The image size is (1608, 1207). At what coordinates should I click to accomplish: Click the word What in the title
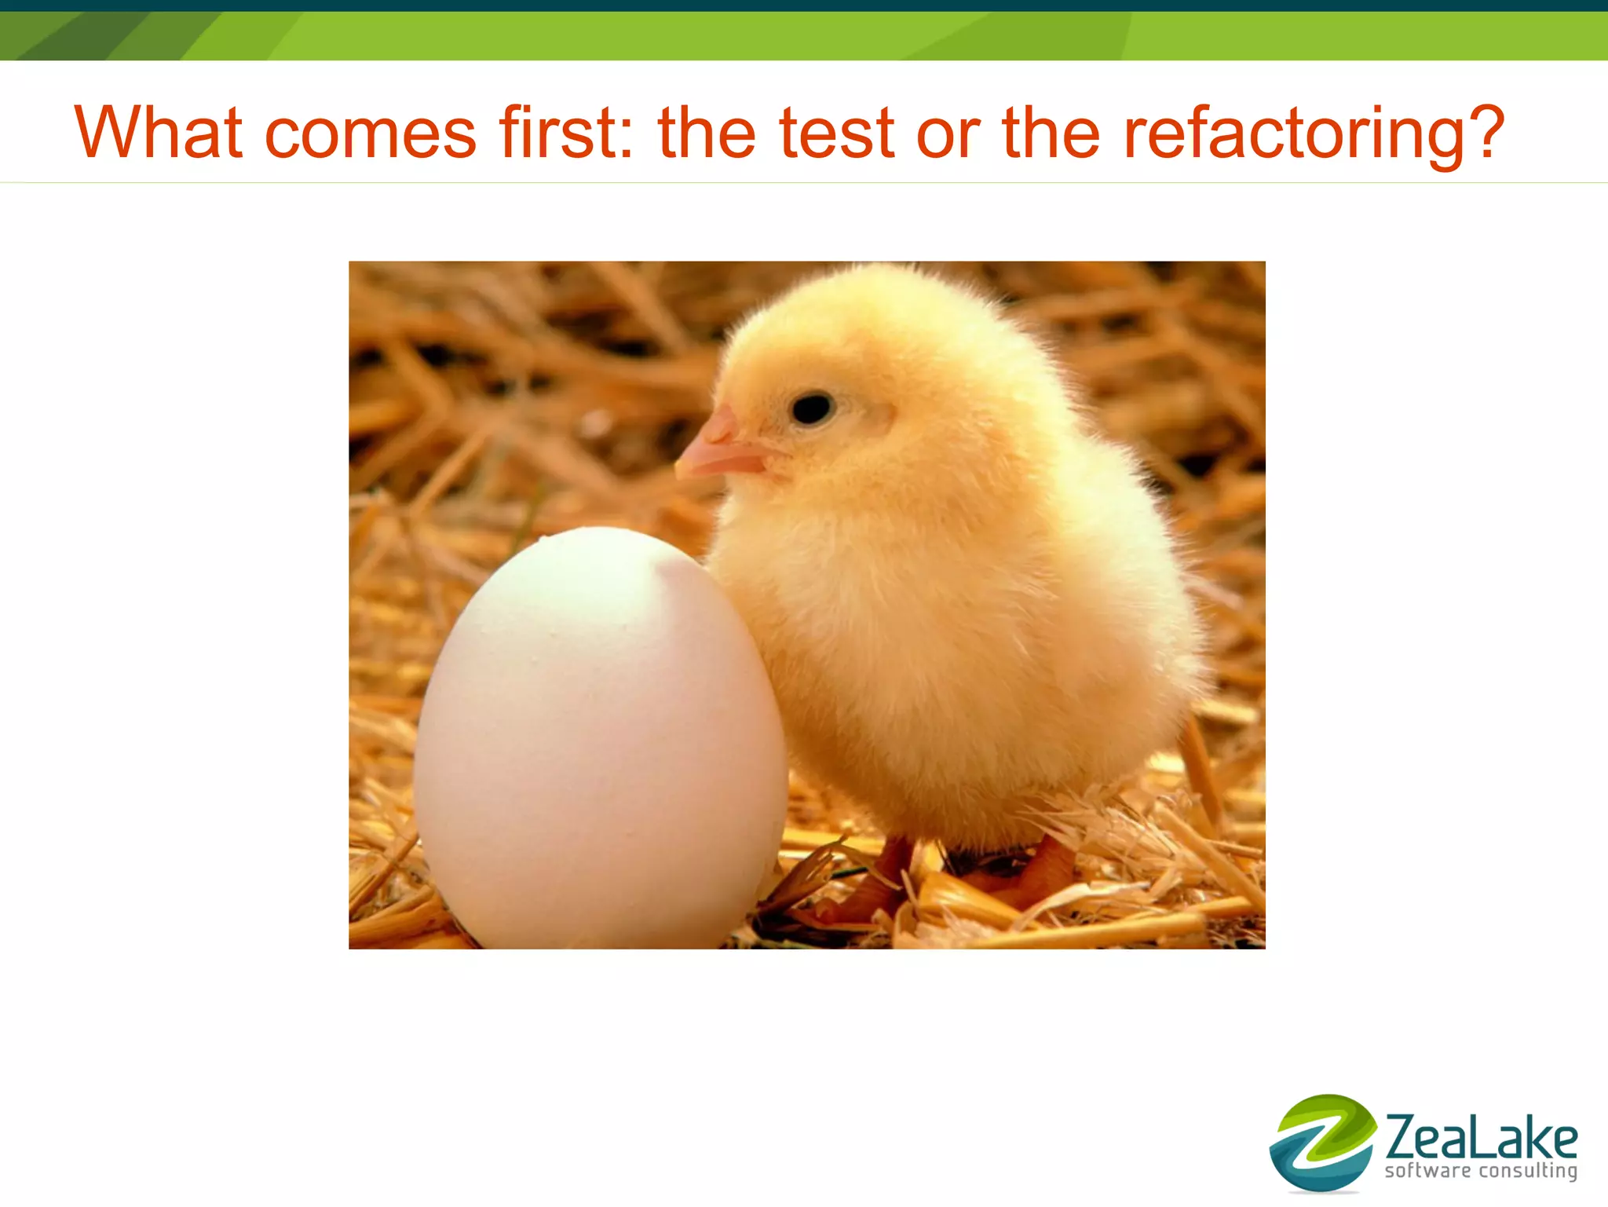pos(158,132)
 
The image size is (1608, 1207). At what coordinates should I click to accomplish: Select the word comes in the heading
pos(370,134)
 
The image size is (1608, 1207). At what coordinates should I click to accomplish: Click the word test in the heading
pos(836,132)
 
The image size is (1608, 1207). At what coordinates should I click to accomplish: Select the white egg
pos(601,738)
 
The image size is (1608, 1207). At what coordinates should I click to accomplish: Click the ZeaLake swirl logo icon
pos(1322,1142)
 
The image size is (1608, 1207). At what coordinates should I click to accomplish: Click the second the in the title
pos(1051,132)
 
